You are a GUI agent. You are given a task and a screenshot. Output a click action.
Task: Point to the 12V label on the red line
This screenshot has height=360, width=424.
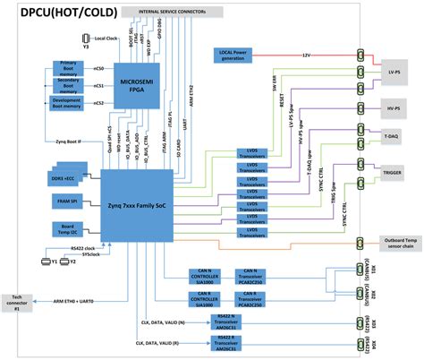tap(308, 54)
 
